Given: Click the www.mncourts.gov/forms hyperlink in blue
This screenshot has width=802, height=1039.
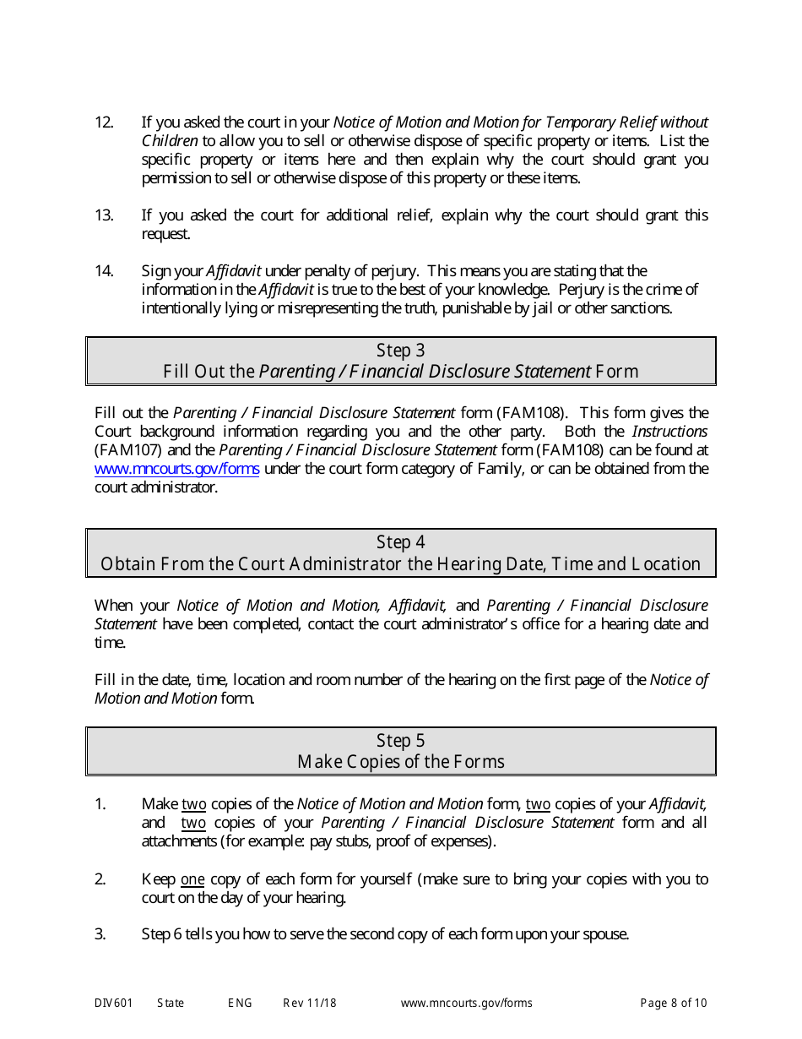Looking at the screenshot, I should tap(176, 469).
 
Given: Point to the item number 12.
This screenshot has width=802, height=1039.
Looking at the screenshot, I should tap(104, 122).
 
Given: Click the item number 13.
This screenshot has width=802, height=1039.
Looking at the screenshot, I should tap(104, 215).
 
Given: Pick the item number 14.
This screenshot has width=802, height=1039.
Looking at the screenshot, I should tap(104, 271).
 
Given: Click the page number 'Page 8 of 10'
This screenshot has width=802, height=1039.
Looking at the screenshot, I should tap(673, 1004).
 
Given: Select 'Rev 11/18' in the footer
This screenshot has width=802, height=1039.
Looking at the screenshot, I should tap(309, 1004).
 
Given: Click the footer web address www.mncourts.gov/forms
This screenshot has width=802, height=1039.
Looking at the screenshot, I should tap(466, 1004).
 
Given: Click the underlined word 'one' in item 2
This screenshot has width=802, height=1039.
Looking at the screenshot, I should tap(192, 879).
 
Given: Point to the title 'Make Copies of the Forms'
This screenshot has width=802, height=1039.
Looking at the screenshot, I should tap(400, 762).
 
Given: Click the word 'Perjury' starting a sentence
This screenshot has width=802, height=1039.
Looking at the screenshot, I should tap(582, 290).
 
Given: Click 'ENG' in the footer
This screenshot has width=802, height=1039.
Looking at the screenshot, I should tap(240, 1004).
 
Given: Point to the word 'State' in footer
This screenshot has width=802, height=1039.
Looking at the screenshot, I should tap(171, 1004).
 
